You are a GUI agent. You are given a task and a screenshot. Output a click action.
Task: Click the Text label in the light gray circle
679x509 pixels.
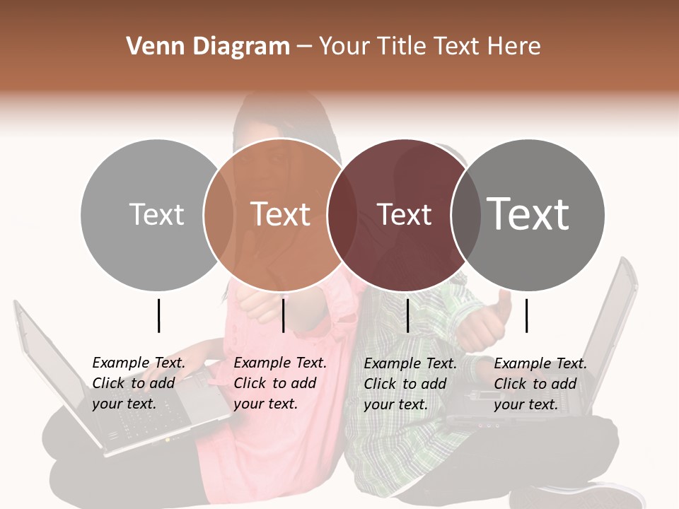(156, 214)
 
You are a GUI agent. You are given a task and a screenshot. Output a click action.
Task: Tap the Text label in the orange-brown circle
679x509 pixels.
(280, 214)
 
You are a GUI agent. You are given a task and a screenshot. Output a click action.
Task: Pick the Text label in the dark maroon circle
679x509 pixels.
(404, 214)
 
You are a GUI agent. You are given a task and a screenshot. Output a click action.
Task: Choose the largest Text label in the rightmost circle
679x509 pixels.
(528, 214)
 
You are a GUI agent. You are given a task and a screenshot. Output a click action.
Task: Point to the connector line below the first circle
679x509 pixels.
(158, 315)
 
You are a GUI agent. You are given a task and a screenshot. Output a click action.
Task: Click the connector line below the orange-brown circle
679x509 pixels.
(283, 315)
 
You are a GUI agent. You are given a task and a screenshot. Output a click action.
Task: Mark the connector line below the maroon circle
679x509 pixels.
(407, 315)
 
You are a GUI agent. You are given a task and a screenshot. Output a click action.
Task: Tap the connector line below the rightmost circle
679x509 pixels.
(526, 315)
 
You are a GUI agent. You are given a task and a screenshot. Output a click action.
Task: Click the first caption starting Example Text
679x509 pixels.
(139, 383)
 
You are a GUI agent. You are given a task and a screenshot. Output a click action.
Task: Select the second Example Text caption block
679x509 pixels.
(280, 383)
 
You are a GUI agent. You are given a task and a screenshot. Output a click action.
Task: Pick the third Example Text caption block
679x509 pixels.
(410, 384)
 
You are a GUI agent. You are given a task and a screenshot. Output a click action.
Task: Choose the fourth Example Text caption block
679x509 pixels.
(540, 384)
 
